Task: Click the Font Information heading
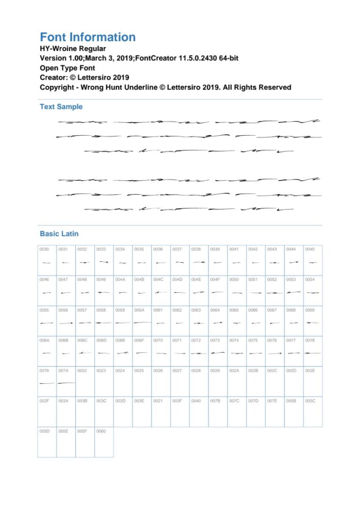(88, 38)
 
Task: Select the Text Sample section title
(61, 107)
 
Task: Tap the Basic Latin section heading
(59, 234)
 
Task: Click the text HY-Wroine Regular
(73, 48)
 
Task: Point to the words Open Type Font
(67, 68)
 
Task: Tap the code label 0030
(44, 249)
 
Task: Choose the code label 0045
(310, 249)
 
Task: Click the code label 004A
(120, 280)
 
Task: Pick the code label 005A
(139, 310)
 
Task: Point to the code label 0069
(310, 310)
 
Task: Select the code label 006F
(139, 340)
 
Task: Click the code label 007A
(63, 371)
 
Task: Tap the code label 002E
(310, 371)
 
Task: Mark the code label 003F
(177, 401)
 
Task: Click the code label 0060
(101, 431)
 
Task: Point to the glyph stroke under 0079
(47, 383)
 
